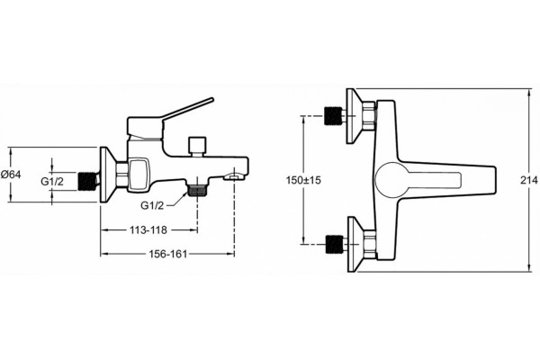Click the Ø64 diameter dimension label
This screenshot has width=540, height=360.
tap(11, 175)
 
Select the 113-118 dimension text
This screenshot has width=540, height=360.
tap(148, 229)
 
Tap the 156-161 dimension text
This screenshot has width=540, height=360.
tap(168, 254)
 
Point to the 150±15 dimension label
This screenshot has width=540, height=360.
tap(303, 180)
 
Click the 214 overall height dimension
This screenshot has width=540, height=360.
tap(528, 180)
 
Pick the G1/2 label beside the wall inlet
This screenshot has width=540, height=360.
tap(52, 181)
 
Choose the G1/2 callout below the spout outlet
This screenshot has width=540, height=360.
tap(152, 206)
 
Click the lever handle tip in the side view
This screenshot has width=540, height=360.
tap(211, 100)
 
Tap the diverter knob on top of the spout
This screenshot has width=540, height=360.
tap(197, 147)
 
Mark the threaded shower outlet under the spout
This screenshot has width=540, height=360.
tap(197, 190)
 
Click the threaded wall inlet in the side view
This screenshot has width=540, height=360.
tap(88, 181)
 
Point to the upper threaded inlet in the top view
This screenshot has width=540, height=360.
tap(333, 116)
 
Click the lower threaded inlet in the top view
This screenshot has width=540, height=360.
tap(334, 244)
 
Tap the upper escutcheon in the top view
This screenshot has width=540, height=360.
tap(354, 116)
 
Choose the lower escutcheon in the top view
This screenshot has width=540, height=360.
tap(355, 244)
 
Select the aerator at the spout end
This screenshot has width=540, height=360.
tap(233, 177)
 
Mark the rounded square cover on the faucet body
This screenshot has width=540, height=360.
tap(139, 175)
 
